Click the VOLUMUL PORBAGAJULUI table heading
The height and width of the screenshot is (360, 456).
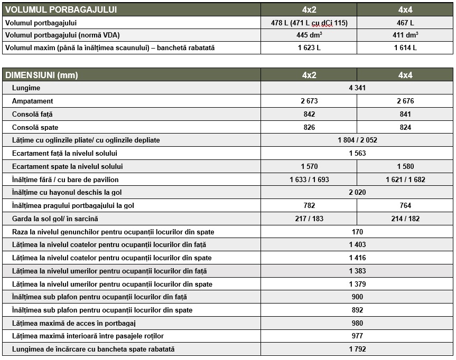(61, 10)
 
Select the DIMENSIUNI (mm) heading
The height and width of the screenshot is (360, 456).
(41, 75)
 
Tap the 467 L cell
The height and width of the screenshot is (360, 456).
(405, 23)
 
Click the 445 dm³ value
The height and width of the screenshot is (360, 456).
(309, 35)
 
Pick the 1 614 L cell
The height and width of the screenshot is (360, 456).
(405, 48)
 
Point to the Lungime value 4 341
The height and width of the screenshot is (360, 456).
(357, 88)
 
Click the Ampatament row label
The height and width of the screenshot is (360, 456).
(33, 101)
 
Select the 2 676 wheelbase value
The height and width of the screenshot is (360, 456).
(405, 101)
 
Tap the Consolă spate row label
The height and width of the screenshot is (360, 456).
(35, 127)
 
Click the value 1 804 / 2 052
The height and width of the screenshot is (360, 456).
(357, 140)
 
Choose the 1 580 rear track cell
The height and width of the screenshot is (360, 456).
(405, 166)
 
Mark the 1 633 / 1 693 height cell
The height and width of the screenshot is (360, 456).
(309, 179)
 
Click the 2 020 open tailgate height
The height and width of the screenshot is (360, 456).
(357, 193)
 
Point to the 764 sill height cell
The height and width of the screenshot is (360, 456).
(405, 205)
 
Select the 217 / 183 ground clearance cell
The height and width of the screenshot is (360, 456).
(309, 219)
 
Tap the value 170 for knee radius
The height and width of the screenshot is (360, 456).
(357, 232)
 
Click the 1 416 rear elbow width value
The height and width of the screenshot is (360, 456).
(357, 258)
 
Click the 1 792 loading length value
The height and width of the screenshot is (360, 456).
(357, 349)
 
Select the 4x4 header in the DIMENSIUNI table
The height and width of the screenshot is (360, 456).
(405, 75)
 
